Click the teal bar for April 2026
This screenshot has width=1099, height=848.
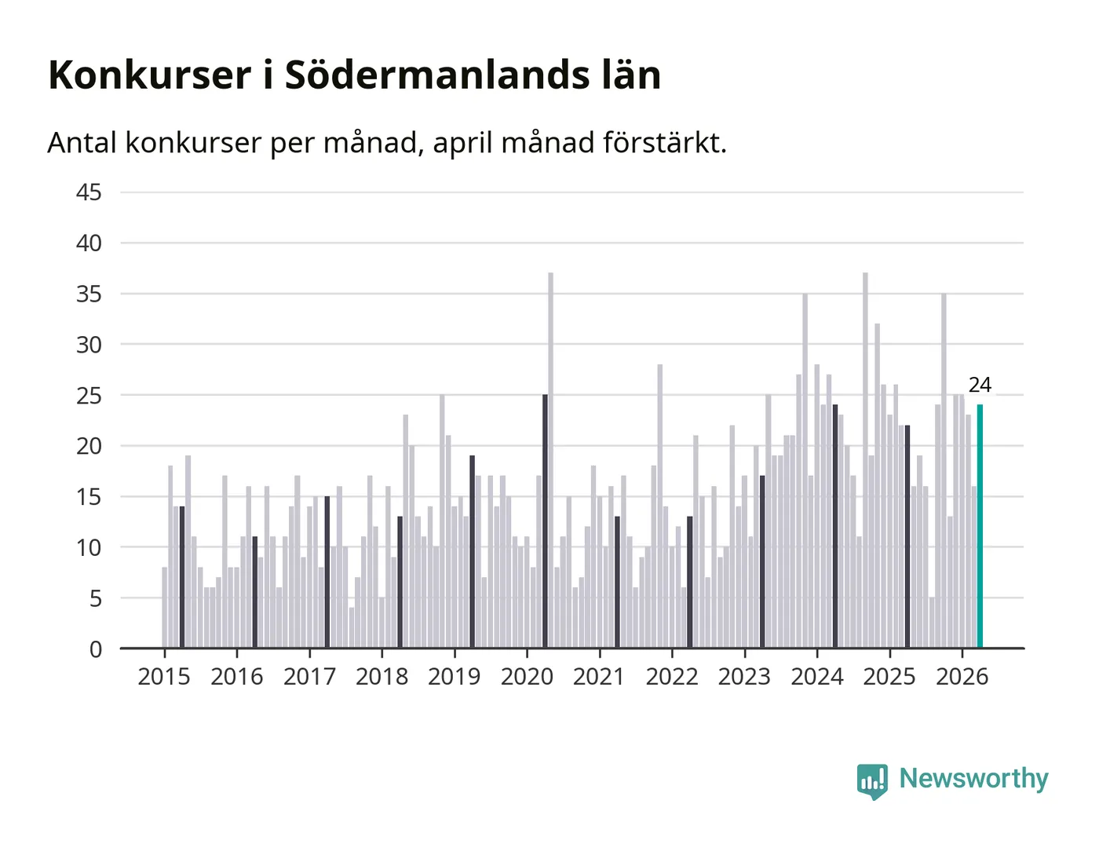[980, 526]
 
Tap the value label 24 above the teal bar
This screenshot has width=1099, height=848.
[980, 386]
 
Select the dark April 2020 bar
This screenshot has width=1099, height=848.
[545, 521]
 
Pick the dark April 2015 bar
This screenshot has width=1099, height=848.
[182, 577]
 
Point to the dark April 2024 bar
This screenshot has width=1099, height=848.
[835, 526]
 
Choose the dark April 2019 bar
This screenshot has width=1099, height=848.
[473, 552]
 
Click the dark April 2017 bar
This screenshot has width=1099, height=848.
[327, 572]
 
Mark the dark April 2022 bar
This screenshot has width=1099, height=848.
[690, 582]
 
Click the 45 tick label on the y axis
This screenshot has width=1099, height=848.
[89, 192]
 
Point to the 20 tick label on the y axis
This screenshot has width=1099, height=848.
[89, 447]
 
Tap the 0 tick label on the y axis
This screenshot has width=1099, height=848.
[96, 650]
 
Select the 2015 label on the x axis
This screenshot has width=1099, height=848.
[164, 677]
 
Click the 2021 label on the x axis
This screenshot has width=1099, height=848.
[599, 677]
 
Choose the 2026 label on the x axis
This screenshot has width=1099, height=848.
[962, 677]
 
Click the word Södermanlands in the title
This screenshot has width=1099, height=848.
[437, 75]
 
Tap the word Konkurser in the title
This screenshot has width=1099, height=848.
[150, 75]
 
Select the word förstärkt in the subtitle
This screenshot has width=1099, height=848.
[665, 143]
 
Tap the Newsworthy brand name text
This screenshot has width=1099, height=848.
[973, 779]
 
